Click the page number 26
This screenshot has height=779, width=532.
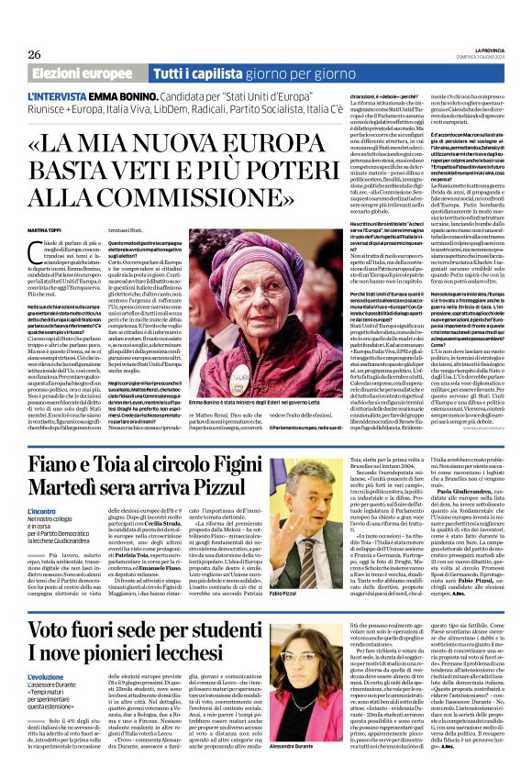pos(36,54)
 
